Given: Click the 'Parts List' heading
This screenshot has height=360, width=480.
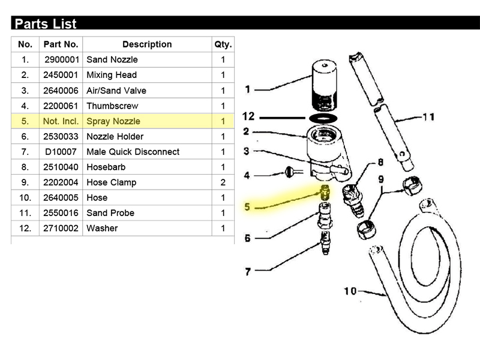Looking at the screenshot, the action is click(x=46, y=24).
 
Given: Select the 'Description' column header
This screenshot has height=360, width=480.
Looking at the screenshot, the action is click(x=147, y=44).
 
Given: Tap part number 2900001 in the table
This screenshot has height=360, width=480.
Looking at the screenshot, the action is click(x=62, y=59).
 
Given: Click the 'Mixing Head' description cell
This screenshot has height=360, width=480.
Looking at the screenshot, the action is click(x=112, y=75).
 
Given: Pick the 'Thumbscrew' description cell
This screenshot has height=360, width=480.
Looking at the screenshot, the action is click(x=112, y=106).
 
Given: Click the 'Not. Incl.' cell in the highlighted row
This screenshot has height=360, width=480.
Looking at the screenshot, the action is click(x=61, y=121).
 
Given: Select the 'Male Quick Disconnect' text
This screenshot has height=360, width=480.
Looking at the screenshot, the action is click(x=133, y=152).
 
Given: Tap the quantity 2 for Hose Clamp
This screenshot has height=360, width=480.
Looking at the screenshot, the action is click(x=223, y=182).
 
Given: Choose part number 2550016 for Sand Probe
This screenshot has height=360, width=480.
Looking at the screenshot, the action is click(x=61, y=213).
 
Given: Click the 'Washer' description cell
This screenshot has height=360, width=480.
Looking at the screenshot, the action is click(x=102, y=229).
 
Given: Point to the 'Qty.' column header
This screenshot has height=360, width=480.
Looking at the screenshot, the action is click(x=223, y=44).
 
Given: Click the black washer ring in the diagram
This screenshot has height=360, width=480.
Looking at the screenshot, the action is click(x=323, y=118).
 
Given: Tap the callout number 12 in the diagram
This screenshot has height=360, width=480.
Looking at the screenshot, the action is click(x=248, y=116).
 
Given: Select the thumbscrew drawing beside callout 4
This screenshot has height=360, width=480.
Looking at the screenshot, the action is click(x=293, y=172).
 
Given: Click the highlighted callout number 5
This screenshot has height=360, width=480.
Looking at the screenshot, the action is click(x=247, y=207).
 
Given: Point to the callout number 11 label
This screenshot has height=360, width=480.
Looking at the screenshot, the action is click(x=428, y=117).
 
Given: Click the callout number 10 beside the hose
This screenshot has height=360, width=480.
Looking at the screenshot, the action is click(x=350, y=291).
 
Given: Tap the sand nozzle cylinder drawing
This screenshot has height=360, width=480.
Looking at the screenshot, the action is click(x=325, y=85).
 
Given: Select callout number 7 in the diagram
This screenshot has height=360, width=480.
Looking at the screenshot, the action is click(x=248, y=272).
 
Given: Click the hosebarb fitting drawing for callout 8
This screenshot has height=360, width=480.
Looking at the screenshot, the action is click(x=353, y=200).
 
